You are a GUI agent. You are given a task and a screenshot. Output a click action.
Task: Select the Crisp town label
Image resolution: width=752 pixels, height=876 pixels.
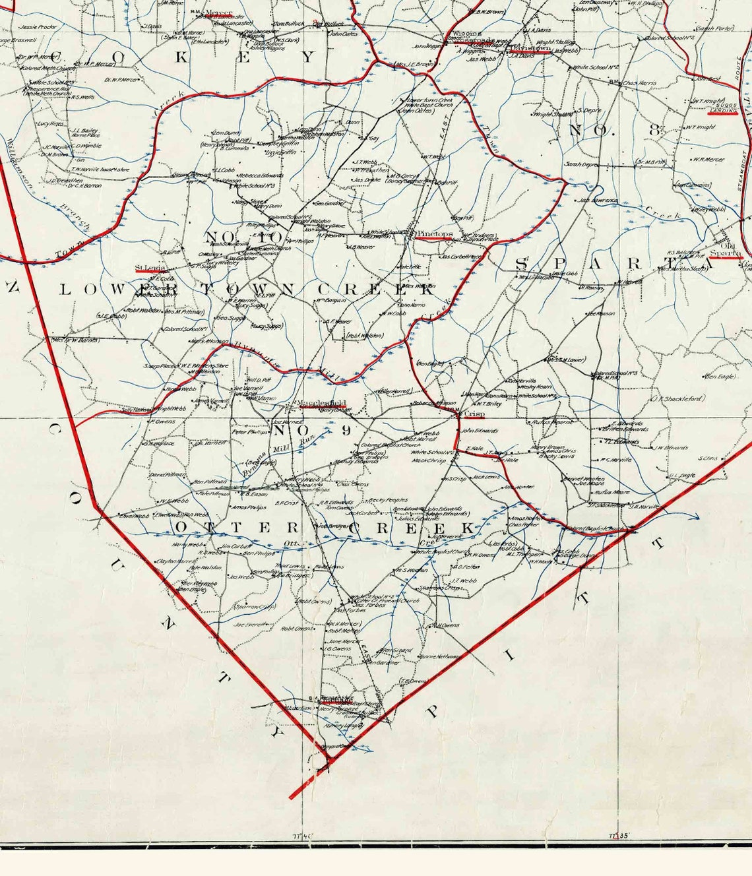(x=474, y=414)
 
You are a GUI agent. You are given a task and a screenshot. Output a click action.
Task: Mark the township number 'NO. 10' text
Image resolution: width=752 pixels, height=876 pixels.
(x=245, y=237)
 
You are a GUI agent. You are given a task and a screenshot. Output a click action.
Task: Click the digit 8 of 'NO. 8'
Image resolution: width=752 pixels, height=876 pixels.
(x=654, y=130)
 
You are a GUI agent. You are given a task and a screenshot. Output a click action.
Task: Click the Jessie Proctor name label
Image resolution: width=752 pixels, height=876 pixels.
(x=37, y=28)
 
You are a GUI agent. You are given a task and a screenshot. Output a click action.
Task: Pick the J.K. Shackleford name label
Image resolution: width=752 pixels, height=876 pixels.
(x=677, y=398)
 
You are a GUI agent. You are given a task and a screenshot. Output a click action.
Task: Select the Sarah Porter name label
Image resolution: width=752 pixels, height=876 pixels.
(x=715, y=28)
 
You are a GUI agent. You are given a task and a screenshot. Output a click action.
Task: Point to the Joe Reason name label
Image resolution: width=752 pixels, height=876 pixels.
(x=600, y=314)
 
